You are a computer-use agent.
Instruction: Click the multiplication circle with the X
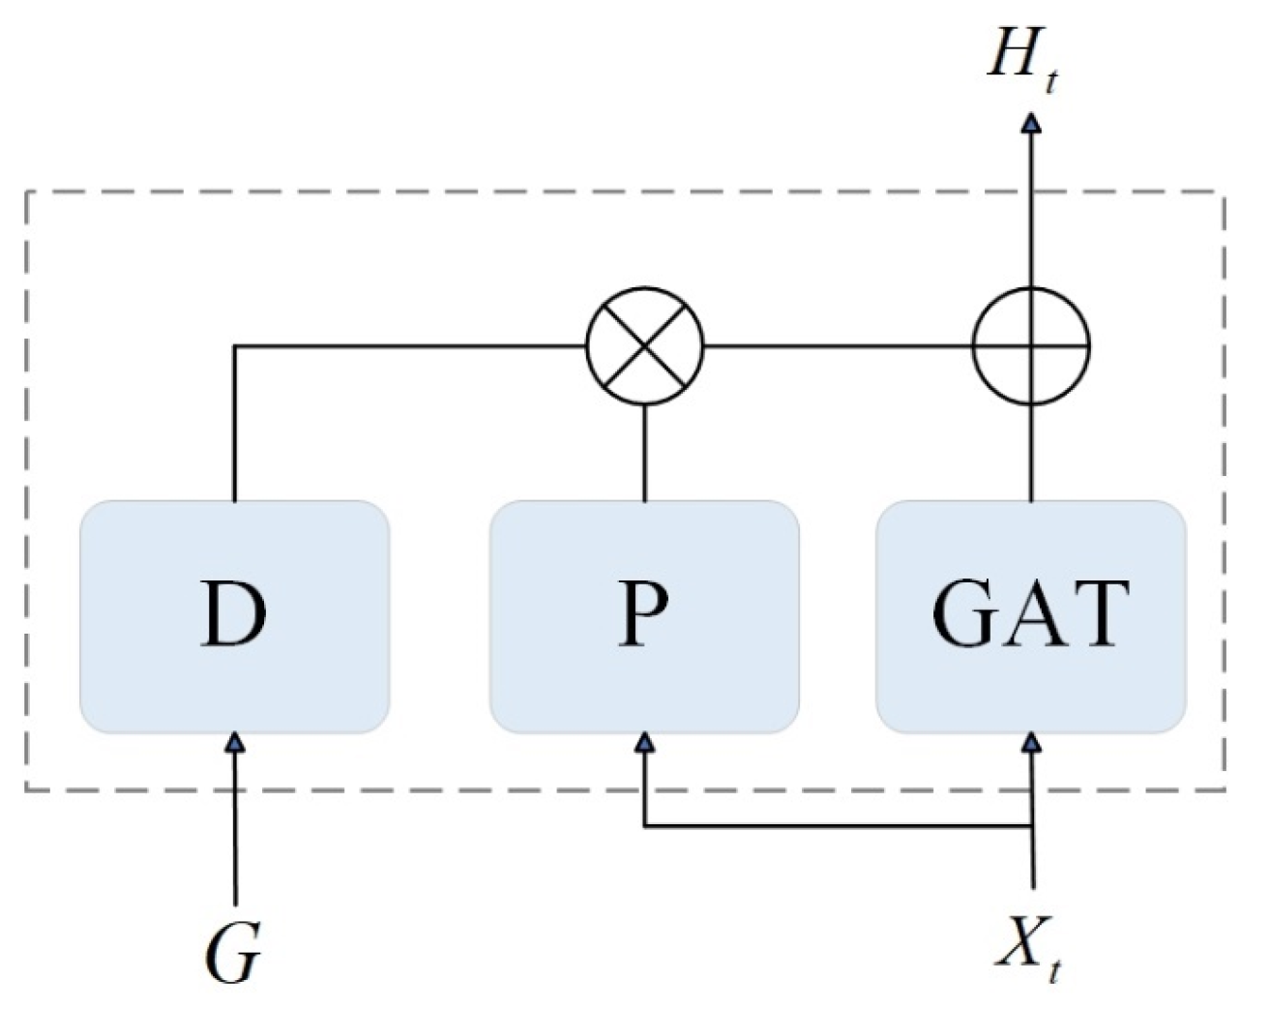click(645, 345)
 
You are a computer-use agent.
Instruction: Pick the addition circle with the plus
click(1031, 345)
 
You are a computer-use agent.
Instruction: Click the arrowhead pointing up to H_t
click(1031, 123)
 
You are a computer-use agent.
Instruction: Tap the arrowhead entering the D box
click(235, 742)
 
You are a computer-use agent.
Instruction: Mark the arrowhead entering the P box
click(645, 742)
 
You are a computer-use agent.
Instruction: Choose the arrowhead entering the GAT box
click(1032, 742)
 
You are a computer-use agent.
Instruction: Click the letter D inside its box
click(233, 614)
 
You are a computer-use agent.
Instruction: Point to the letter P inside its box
click(643, 614)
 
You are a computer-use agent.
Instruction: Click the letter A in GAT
click(1031, 615)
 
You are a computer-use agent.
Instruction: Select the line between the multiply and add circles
click(838, 345)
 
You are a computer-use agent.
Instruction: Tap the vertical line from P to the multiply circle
click(645, 453)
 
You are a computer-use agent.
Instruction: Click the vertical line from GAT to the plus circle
click(1031, 453)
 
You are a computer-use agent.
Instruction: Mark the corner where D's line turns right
click(235, 345)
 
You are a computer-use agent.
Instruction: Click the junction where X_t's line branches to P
click(1032, 826)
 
